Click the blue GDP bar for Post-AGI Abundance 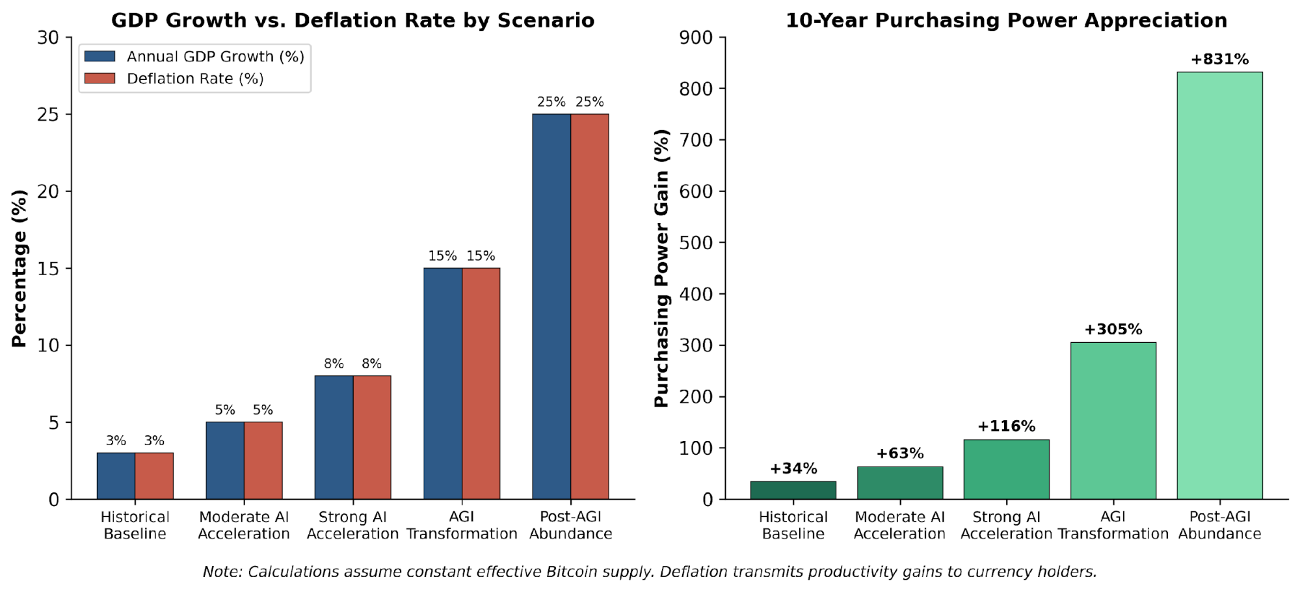point(551,306)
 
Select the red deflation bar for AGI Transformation point(481,384)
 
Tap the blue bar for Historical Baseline point(116,476)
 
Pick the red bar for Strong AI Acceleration point(372,437)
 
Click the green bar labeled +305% point(1113,420)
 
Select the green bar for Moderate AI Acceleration point(899,483)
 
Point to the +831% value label point(1219,59)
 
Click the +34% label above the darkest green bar point(793,468)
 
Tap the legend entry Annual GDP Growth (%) point(215,57)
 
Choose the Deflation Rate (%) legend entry point(194,79)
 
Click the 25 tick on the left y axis point(48,114)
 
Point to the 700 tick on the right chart point(696,140)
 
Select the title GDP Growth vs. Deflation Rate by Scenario point(352,20)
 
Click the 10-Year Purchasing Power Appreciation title point(1006,20)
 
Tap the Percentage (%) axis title point(20,268)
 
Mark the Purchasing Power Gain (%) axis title point(661,268)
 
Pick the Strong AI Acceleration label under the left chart point(352,525)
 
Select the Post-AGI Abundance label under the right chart point(1219,525)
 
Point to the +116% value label point(1006,426)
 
